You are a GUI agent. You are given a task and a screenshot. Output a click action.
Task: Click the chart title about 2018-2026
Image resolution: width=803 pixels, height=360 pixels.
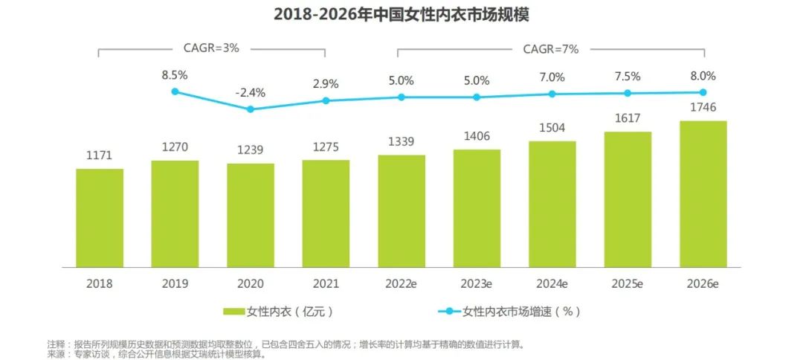coord(401,14)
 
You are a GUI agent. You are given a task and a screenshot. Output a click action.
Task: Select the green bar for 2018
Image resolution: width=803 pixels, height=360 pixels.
coord(100,217)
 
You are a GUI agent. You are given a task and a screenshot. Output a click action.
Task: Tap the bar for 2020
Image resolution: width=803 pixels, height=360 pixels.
coord(251,215)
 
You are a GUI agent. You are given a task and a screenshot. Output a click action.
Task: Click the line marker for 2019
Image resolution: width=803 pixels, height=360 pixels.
coord(175,91)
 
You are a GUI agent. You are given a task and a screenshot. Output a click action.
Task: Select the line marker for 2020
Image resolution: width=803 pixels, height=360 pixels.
coord(251,109)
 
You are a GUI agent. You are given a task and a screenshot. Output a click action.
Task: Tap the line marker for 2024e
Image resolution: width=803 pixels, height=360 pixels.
coord(552,94)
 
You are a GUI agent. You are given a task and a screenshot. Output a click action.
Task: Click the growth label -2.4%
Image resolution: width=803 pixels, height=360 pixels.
coord(251,93)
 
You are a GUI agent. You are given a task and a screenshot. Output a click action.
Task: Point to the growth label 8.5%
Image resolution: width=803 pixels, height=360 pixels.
coord(175,75)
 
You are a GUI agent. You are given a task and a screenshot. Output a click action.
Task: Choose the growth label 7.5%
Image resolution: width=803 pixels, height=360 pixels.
coord(628,77)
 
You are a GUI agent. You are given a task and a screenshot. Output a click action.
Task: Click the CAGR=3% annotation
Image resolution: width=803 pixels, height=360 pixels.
coord(212,48)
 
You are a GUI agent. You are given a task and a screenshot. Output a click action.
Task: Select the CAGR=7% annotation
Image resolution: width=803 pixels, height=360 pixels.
coord(551,48)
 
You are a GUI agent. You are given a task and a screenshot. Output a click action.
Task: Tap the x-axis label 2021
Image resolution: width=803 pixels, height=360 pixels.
coord(326,283)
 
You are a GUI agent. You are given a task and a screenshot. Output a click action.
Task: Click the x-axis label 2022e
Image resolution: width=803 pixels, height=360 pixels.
coord(401,283)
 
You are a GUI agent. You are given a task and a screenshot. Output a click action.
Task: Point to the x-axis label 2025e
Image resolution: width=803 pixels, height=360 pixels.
coord(628,283)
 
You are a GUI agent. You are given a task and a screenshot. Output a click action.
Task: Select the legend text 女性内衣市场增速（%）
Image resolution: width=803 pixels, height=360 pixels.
coord(521,311)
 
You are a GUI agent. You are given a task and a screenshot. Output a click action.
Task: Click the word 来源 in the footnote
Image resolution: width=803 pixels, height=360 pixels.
coord(56,354)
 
